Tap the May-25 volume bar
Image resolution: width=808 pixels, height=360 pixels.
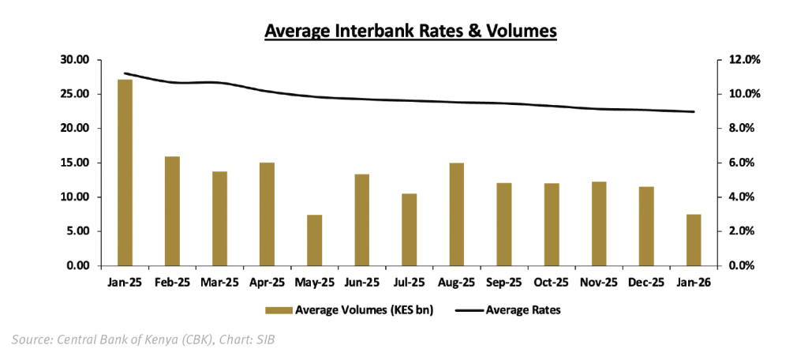pyautogui.click(x=314, y=240)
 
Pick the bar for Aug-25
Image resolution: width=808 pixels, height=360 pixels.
pyautogui.click(x=456, y=214)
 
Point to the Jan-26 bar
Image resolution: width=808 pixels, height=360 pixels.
pyautogui.click(x=693, y=240)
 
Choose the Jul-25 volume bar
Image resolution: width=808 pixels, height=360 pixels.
pyautogui.click(x=409, y=230)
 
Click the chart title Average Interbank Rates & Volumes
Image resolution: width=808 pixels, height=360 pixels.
pyautogui.click(x=411, y=32)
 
